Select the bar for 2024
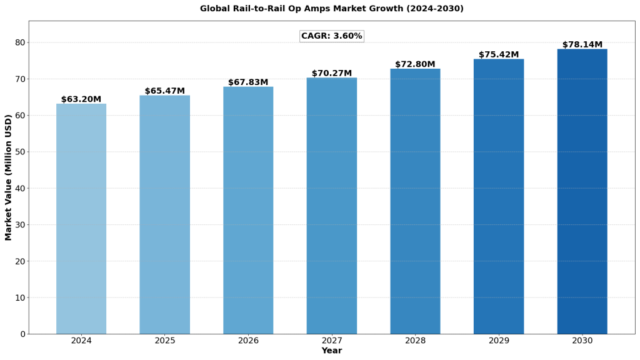[81, 219]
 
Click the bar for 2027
[332, 206]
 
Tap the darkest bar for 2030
[582, 191]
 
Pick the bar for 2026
[248, 210]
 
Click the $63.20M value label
[81, 99]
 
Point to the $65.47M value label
[165, 91]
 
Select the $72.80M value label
[415, 64]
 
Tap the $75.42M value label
[499, 55]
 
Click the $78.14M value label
[582, 45]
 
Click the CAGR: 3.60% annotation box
[332, 36]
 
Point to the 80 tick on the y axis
[21, 42]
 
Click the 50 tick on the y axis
[21, 152]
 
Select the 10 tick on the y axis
[21, 297]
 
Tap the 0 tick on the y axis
[23, 334]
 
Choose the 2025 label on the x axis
[165, 341]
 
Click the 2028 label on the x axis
[415, 341]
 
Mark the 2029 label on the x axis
[499, 341]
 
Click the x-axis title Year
[332, 351]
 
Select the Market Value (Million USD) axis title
[9, 177]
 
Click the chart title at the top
[332, 9]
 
